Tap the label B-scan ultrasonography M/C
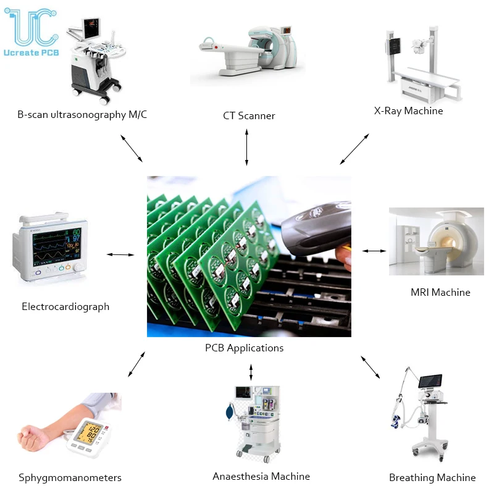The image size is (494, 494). (82, 114)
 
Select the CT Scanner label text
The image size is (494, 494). (249, 115)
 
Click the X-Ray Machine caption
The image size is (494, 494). (408, 111)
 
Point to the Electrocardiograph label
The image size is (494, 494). (65, 306)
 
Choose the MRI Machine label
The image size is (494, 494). (440, 292)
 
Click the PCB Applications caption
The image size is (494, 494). (244, 348)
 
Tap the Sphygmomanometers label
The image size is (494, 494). (70, 477)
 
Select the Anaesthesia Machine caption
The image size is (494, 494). (261, 476)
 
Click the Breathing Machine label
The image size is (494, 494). (432, 477)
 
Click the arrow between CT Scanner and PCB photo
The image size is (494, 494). (247, 147)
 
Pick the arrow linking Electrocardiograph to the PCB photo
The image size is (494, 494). (120, 254)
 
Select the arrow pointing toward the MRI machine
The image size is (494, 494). (374, 251)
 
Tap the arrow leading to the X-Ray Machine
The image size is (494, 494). (354, 148)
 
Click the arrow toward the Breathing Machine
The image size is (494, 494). (371, 366)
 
